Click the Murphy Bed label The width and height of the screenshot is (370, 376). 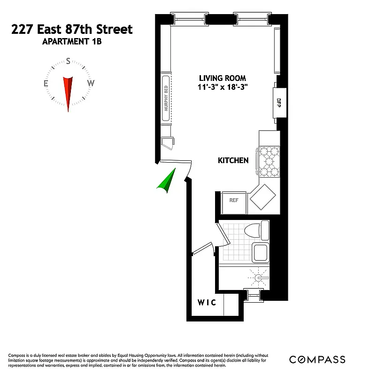coord(166,98)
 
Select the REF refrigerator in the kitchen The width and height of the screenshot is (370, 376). coord(233,200)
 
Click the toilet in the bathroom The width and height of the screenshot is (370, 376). coord(257,230)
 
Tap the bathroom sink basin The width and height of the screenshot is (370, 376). coord(260,253)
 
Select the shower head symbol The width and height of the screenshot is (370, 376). coord(258,278)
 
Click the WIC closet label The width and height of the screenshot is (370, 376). coord(206,303)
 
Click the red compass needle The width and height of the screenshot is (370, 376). coord(69,92)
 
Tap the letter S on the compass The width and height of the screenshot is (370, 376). coord(69,61)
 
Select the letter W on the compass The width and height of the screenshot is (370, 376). coord(91,84)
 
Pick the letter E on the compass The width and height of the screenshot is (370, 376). coord(46,84)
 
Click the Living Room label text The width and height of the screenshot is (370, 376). coord(222,78)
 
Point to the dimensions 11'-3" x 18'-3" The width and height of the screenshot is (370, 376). coord(222,87)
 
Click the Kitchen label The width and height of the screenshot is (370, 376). coord(233,161)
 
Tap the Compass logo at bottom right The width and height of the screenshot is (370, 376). coord(317,360)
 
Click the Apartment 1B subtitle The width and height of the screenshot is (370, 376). coord(72,42)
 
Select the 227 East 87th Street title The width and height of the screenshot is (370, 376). coord(72,30)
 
